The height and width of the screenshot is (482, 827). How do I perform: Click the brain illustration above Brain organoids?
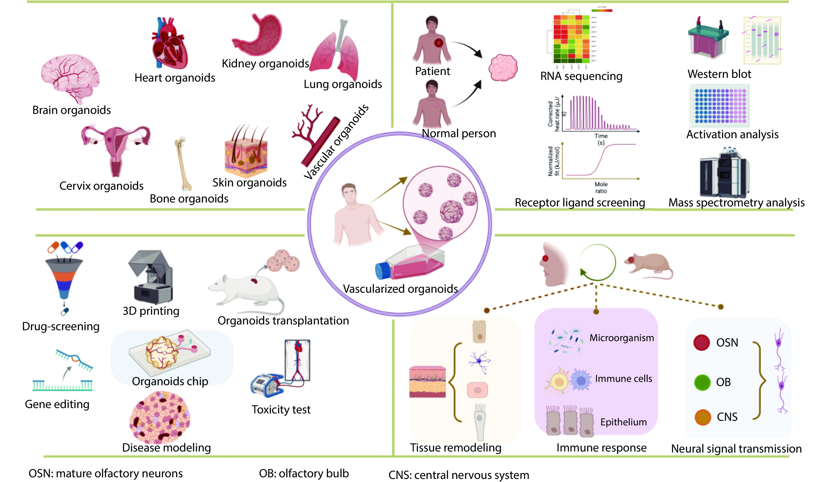tap(70, 77)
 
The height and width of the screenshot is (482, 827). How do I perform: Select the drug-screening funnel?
tap(64, 277)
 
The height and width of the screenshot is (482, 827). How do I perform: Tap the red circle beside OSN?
tap(701, 343)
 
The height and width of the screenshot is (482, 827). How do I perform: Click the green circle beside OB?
tap(702, 382)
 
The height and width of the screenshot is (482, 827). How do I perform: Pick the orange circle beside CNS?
tap(702, 417)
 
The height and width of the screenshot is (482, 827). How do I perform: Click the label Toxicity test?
tap(281, 410)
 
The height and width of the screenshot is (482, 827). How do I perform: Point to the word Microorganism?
tap(621, 338)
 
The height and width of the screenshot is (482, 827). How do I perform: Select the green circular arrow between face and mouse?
tap(597, 263)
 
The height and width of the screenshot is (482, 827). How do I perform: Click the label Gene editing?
tap(57, 404)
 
